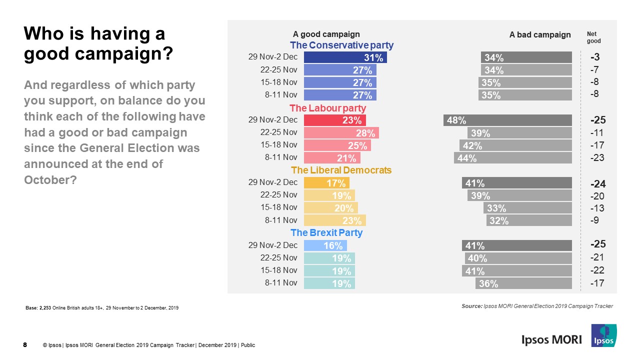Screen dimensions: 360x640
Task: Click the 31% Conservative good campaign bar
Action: pyautogui.click(x=345, y=57)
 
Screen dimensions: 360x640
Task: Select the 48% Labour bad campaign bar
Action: pyautogui.click(x=507, y=120)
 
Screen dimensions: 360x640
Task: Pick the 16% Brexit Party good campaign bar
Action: pyautogui.click(x=325, y=245)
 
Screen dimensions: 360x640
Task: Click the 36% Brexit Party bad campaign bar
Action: pyautogui.click(x=523, y=283)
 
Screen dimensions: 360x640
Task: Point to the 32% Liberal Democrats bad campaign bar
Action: pyautogui.click(x=528, y=220)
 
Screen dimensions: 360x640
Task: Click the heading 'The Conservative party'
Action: pyautogui.click(x=341, y=45)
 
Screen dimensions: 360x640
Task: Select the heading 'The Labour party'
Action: pyautogui.click(x=327, y=108)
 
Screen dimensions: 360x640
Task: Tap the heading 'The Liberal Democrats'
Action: pyautogui.click(x=341, y=170)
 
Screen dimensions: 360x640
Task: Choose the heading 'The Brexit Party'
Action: pyautogui.click(x=326, y=233)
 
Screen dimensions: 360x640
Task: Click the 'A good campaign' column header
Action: pyautogui.click(x=326, y=34)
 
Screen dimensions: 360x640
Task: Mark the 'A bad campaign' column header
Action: pyautogui.click(x=539, y=35)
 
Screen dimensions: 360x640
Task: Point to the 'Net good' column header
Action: pyautogui.click(x=593, y=37)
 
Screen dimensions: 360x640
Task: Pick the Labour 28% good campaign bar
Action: pyautogui.click(x=341, y=133)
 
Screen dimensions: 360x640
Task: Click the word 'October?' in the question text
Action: pyautogui.click(x=50, y=180)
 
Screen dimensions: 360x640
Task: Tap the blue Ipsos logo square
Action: pyautogui.click(x=603, y=335)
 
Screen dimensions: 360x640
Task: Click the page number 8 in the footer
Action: pyautogui.click(x=25, y=344)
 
